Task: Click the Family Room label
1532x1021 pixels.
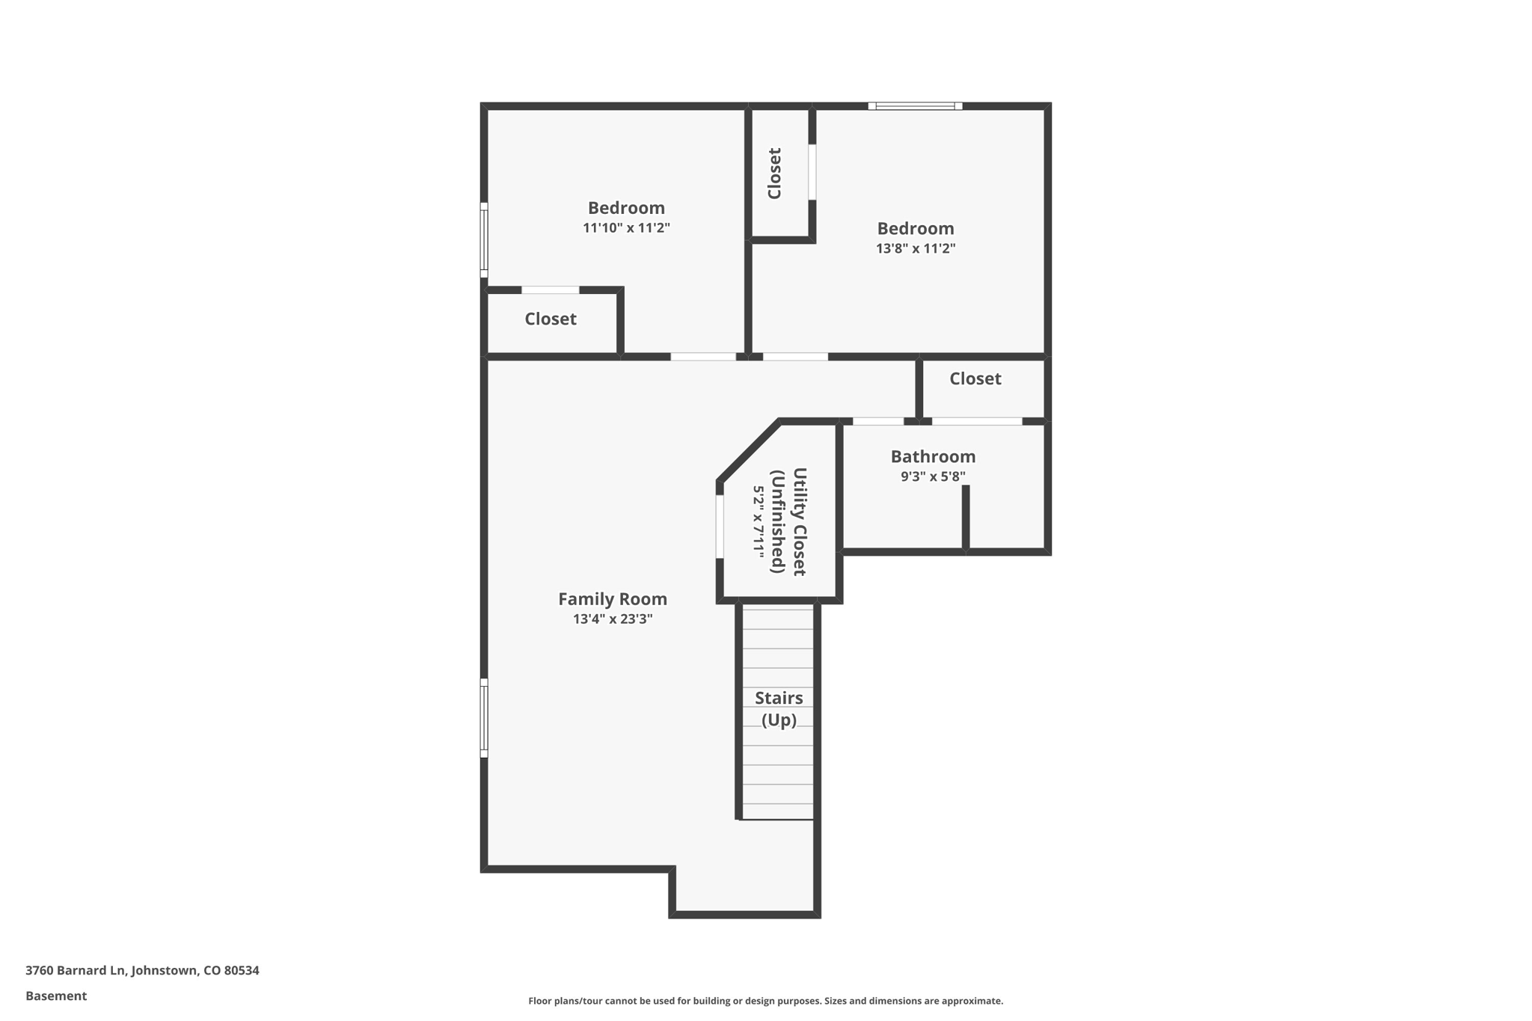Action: coord(612,599)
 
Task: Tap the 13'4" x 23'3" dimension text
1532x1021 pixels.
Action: coord(612,619)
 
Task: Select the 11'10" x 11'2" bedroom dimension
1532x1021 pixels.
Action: coord(625,228)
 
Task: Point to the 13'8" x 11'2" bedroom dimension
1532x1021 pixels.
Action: coord(915,249)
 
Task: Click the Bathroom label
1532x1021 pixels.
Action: coord(932,456)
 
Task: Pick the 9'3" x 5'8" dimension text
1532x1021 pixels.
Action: coord(932,476)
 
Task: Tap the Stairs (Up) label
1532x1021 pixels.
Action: coord(778,708)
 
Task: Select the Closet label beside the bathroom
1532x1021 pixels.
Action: coord(975,378)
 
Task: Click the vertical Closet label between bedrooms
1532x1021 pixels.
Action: coord(775,174)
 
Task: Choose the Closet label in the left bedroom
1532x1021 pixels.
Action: coord(550,319)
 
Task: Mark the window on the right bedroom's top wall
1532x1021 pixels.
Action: coord(914,106)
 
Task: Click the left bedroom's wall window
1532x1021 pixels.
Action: coord(484,239)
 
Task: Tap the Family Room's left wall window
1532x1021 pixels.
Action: coord(484,717)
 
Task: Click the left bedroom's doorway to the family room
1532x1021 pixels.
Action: coord(702,357)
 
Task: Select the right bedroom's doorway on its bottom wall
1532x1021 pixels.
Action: coord(794,357)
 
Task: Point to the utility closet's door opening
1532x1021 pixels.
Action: coord(720,526)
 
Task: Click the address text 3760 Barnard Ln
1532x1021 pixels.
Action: coord(142,970)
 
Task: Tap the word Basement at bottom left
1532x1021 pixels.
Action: coord(56,996)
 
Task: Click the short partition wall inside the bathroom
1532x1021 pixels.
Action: coord(965,518)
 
